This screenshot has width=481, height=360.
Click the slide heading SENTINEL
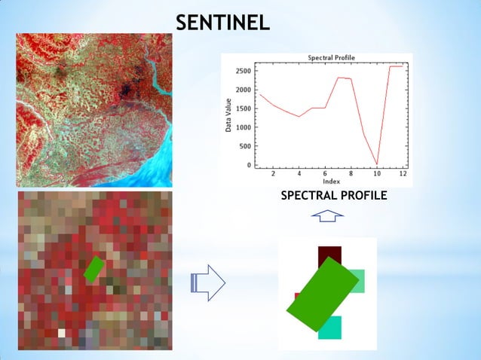pos(222,23)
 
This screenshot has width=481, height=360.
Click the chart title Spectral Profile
pos(331,58)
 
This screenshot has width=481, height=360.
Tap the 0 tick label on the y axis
pos(248,165)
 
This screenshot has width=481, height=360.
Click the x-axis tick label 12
pos(403,174)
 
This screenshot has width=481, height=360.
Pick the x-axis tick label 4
pos(299,174)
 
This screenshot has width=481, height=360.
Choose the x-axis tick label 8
pos(351,174)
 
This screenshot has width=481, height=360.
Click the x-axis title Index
pos(331,182)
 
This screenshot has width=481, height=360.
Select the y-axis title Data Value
pos(228,117)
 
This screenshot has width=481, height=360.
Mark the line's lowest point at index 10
pos(377,164)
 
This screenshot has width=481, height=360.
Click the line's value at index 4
pos(299,117)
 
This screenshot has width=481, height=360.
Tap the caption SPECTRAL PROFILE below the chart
pos(333,196)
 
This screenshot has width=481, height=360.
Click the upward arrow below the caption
pos(326,217)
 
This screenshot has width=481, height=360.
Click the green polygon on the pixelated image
pos(93,269)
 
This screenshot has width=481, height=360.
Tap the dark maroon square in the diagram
pos(329,255)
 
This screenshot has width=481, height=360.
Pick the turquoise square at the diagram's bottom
pos(329,328)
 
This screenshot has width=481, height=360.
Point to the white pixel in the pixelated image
pos(62,332)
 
